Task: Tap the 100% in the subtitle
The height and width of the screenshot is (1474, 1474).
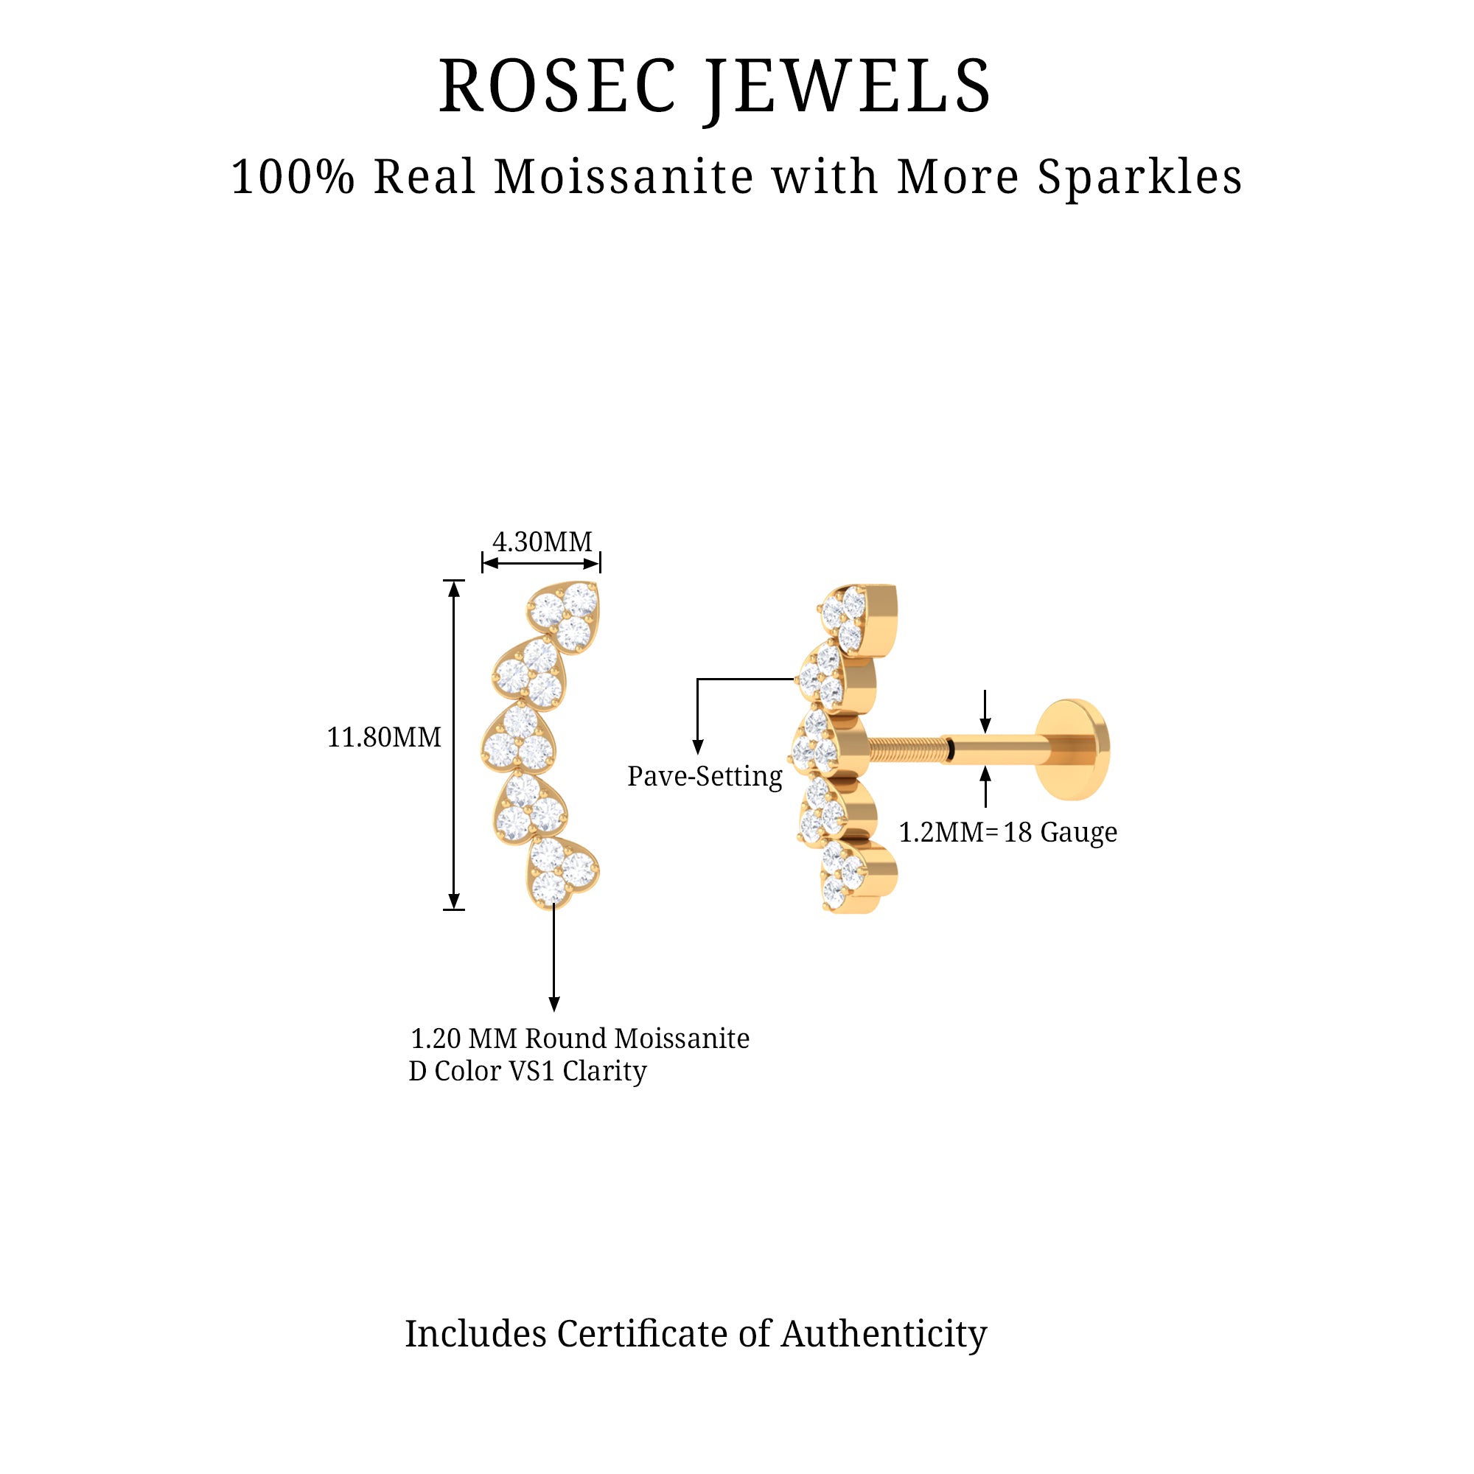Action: tap(293, 177)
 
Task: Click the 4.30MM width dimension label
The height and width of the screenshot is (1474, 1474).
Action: tap(542, 542)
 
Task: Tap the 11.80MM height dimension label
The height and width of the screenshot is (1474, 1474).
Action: tap(384, 738)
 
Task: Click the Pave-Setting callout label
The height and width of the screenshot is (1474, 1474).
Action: tap(704, 777)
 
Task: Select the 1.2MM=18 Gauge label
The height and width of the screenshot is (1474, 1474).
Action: tap(1007, 832)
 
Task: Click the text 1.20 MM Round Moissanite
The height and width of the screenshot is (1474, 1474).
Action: tap(580, 1038)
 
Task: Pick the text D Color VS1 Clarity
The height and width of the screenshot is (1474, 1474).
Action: tap(527, 1071)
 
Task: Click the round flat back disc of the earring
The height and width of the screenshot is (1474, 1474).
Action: tap(1072, 750)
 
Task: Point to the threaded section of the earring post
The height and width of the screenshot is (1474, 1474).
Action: tap(906, 750)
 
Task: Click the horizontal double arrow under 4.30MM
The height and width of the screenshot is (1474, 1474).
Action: tap(541, 564)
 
